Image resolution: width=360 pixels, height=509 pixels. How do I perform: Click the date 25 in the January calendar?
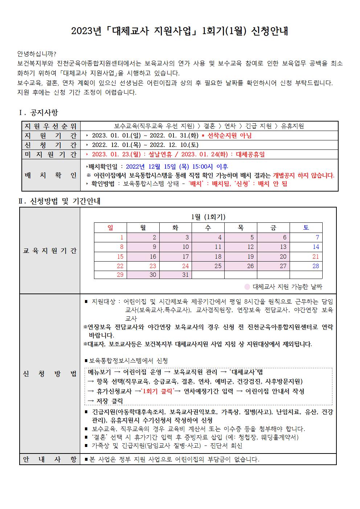click(218, 266)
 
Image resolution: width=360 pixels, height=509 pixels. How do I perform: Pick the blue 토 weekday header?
click(306, 228)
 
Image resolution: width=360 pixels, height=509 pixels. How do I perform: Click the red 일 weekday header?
click(110, 228)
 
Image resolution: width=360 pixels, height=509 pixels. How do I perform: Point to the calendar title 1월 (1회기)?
click(208, 217)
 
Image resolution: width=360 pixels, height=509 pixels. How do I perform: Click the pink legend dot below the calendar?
click(247, 287)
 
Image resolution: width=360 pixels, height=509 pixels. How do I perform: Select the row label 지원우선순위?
click(51, 126)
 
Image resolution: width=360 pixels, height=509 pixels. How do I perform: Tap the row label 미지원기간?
click(51, 154)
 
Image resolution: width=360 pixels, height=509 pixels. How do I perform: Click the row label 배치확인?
click(51, 175)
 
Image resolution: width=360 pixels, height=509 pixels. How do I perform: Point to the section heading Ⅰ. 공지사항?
click(38, 113)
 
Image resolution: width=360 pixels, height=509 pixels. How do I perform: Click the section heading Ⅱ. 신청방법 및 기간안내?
click(60, 201)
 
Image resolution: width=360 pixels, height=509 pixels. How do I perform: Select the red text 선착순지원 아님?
click(229, 136)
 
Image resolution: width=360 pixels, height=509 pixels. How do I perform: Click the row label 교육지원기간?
click(50, 251)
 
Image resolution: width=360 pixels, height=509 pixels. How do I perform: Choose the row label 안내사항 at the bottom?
click(50, 459)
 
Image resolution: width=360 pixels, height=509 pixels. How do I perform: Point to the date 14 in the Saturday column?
click(316, 247)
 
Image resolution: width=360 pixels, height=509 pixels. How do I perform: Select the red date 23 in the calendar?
click(153, 266)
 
